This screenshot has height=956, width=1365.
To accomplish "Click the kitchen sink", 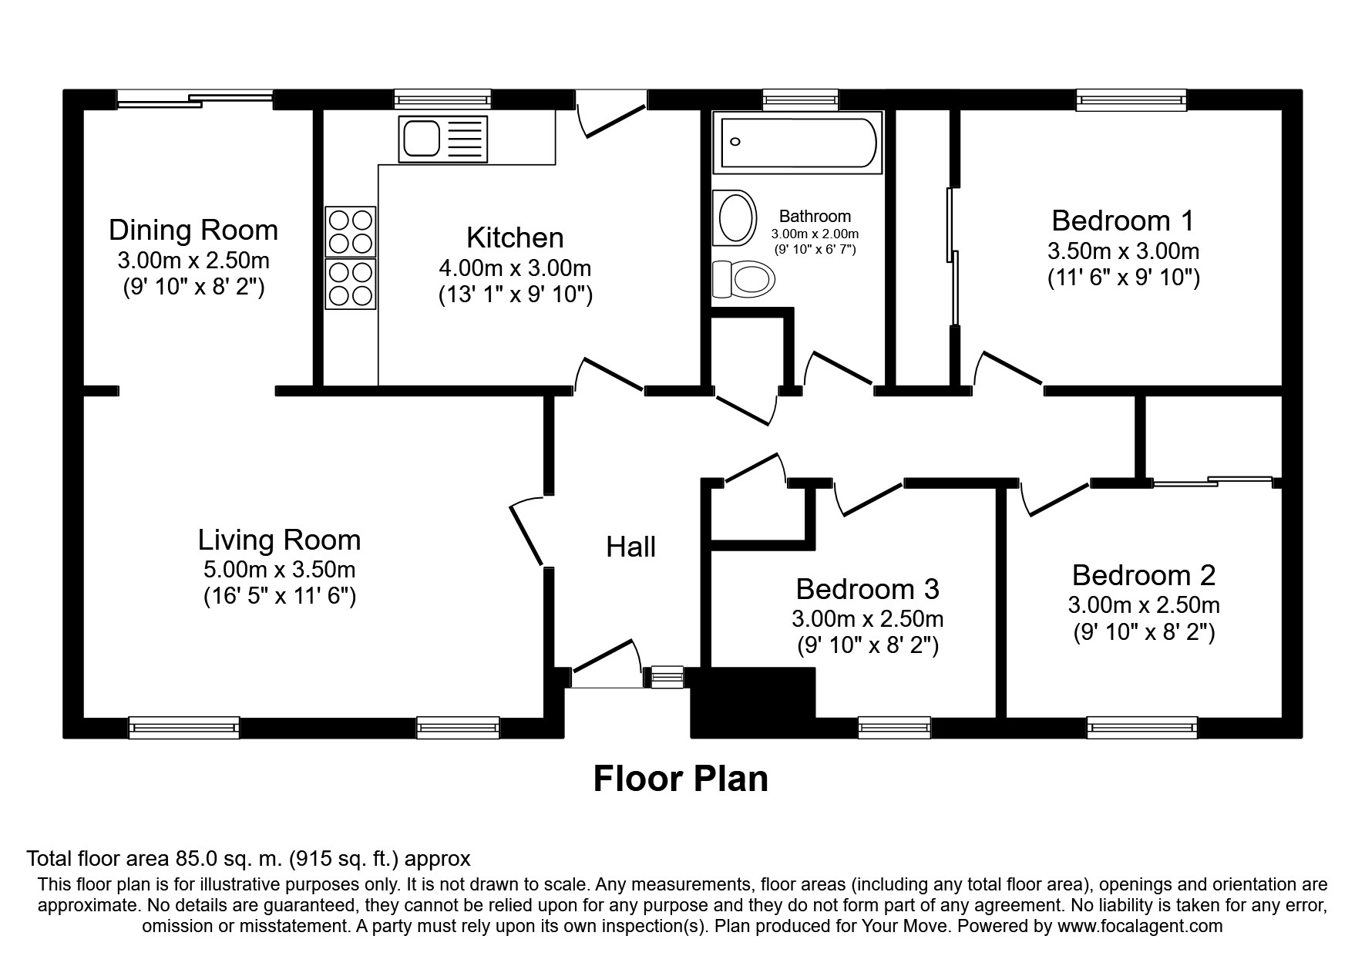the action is (442, 139).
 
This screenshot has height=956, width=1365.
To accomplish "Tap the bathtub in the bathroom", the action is (797, 142).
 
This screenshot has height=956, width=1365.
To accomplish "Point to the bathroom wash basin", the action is (734, 218).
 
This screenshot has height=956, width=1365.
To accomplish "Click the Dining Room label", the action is (193, 230).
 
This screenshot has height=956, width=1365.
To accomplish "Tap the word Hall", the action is (631, 547).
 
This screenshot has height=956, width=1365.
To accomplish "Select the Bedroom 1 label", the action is (1122, 220).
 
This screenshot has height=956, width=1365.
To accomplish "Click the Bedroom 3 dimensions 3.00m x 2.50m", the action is (868, 618).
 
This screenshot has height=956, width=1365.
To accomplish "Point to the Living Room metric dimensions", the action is (279, 570).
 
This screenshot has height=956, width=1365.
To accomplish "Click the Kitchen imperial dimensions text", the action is (516, 295).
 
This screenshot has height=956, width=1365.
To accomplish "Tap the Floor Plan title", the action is (681, 779).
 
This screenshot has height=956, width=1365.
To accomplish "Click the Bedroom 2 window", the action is (1141, 728).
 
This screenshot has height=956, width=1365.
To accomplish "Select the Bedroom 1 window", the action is (1131, 100).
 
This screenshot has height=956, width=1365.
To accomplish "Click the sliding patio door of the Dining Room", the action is (195, 99).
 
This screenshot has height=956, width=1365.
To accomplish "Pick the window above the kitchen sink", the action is (442, 100).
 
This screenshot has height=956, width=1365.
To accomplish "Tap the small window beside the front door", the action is (667, 677).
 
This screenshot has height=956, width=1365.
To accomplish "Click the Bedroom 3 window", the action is (894, 728).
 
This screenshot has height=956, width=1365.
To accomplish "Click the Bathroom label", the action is (815, 217).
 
